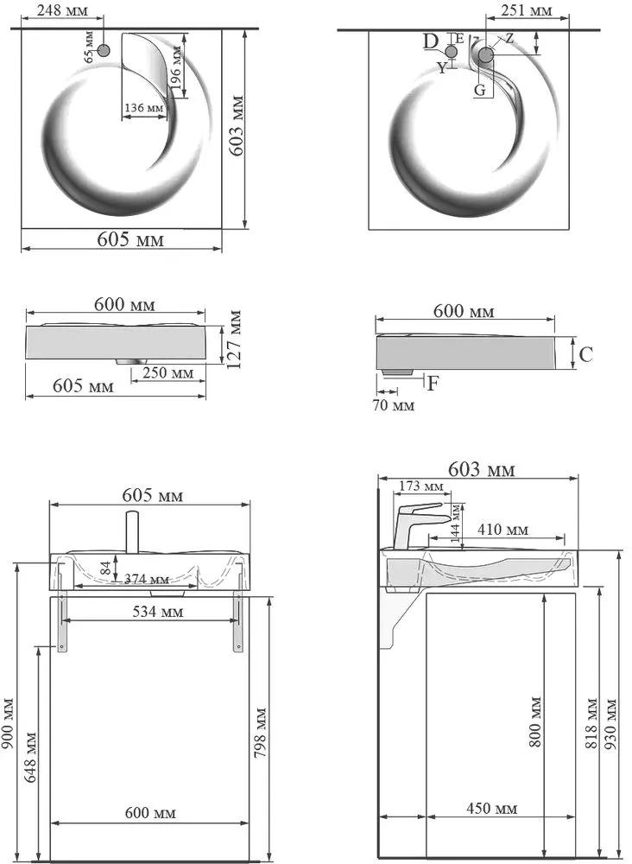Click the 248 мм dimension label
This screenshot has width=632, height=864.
62,10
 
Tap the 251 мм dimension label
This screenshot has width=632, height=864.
527,10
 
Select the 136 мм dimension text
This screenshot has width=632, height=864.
143,107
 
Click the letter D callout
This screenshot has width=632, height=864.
431,41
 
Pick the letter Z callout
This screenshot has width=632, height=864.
509,38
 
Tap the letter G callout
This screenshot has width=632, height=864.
480,90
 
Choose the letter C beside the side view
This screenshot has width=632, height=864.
585,353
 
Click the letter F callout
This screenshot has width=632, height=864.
433,383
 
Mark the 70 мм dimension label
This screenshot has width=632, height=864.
393,405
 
